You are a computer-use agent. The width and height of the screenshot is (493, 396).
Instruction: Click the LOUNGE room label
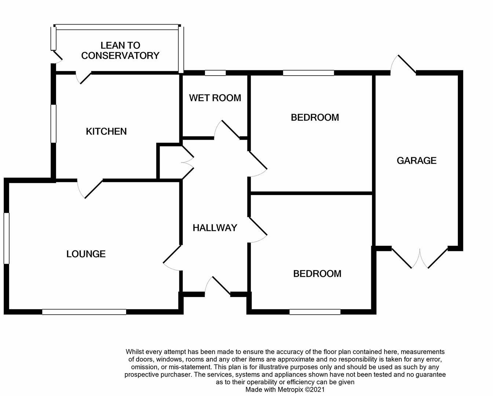coord(86,254)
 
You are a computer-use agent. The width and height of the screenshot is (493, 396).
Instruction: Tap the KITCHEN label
coord(106,131)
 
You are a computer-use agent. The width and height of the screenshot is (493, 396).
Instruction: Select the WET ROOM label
coord(215,98)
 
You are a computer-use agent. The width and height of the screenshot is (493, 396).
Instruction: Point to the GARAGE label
coord(416,161)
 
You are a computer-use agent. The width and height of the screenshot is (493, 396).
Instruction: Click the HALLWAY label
coord(215,228)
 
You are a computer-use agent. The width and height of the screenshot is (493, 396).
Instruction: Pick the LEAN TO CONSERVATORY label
coord(120,51)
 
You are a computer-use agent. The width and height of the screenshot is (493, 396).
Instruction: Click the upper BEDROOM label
coord(315,117)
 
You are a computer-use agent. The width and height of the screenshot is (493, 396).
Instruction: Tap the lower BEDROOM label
coord(317,274)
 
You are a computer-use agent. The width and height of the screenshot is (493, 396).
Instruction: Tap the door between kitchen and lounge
coord(90,188)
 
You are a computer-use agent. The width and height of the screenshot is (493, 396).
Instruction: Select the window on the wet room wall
coord(215,73)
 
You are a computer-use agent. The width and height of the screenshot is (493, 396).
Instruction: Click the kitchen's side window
coord(54,124)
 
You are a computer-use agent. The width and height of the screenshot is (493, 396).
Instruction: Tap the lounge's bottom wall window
coord(84,312)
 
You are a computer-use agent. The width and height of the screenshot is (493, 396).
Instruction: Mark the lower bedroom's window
coord(315,312)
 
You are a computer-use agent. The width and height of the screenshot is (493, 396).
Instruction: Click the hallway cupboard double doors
coord(187,163)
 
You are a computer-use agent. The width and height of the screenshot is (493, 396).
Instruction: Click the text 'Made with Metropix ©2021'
coord(285,390)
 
